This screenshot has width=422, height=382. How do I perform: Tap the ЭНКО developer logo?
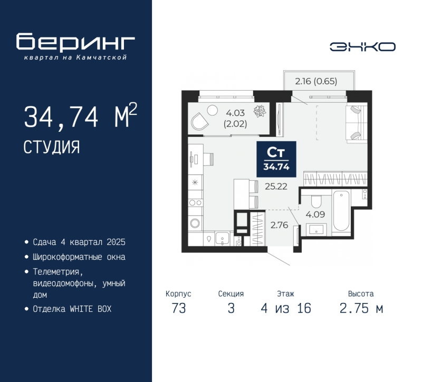pos(362,47)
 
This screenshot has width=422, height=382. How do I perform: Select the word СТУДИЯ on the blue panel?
pos(52,147)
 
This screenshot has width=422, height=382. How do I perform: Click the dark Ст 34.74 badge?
pos(276,159)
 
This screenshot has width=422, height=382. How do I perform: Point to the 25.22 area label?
pos(276,186)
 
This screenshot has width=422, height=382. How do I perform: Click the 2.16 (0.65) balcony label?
pos(316,81)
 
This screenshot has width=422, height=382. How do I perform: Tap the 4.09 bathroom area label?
pos(315,214)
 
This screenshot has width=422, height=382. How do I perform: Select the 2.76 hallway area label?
pos(280,225)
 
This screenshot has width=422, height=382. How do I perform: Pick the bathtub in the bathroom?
pos(341,210)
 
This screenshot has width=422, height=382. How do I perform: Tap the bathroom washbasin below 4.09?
pos(316,229)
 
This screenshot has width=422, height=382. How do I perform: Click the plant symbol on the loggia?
pos(260,111)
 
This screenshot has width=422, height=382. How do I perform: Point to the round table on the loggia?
pos(212,110)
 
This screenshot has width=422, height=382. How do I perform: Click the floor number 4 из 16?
pos(286,308)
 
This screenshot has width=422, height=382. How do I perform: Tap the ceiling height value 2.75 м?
pos(361,308)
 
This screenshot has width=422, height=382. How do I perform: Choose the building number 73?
pos(179,308)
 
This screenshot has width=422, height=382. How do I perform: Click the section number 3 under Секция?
pos(231,308)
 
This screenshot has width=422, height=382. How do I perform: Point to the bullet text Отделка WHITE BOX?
pos(72,309)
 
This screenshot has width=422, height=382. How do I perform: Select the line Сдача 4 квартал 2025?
pos(79,242)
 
